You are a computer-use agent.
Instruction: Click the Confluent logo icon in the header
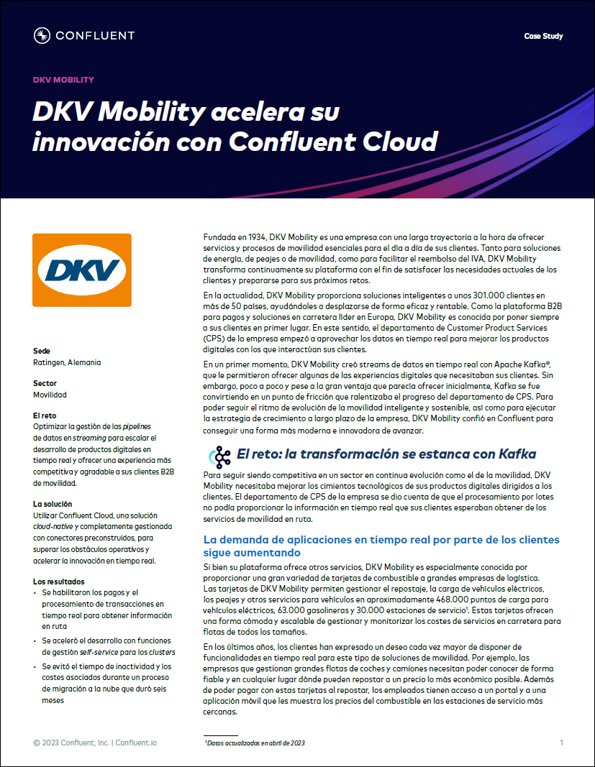[42, 35]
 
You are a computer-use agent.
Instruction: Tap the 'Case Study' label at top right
[543, 36]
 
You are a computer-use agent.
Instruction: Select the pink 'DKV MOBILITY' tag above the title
[64, 81]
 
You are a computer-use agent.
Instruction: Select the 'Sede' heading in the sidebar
[42, 351]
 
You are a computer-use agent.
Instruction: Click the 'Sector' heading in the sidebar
[45, 383]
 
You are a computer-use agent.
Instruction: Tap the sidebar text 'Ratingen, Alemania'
[67, 362]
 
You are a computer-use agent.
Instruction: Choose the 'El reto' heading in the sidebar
[45, 415]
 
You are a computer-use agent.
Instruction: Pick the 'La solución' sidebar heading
[53, 504]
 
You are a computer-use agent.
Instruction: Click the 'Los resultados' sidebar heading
[59, 581]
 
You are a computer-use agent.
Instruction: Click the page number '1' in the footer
[561, 743]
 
